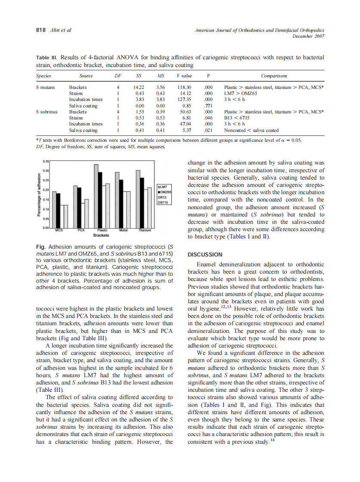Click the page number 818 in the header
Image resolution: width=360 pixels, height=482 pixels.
pyautogui.click(x=40, y=30)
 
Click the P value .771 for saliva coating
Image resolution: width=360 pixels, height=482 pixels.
pyautogui.click(x=208, y=106)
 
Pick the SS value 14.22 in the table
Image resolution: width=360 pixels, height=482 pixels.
pyautogui.click(x=139, y=87)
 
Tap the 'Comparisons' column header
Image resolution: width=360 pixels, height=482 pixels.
pyautogui.click(x=274, y=76)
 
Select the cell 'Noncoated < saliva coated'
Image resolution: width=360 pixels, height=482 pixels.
pyautogui.click(x=251, y=130)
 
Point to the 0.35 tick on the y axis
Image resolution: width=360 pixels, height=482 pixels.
pyautogui.click(x=46, y=162)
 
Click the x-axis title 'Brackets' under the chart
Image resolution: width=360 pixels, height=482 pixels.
pyautogui.click(x=101, y=235)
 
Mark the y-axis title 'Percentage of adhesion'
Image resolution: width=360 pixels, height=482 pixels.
pyautogui.click(x=39, y=194)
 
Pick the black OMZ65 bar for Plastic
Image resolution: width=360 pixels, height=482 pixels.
pyautogui.click(x=100, y=200)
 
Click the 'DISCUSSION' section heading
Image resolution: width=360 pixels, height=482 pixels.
pyautogui.click(x=205, y=254)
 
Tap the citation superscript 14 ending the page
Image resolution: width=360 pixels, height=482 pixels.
pyautogui.click(x=272, y=439)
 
